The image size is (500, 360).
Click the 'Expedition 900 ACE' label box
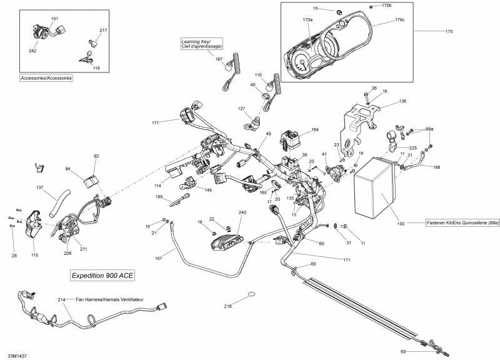(x=102, y=275)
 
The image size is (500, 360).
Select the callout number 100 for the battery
(x=400, y=222)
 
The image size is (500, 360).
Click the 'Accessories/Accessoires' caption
(x=46, y=78)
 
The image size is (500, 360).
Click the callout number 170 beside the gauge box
(x=448, y=31)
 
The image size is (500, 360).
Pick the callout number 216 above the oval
(x=228, y=306)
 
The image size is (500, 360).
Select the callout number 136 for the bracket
(x=402, y=101)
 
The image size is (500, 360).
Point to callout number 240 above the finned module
(x=242, y=212)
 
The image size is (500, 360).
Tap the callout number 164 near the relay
(x=315, y=129)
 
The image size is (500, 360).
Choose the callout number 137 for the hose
(x=40, y=187)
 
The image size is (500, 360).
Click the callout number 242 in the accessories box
(x=32, y=51)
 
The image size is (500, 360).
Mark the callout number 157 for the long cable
(x=159, y=257)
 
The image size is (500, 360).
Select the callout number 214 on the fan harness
(x=61, y=299)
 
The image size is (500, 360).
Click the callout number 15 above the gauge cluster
(x=315, y=8)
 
